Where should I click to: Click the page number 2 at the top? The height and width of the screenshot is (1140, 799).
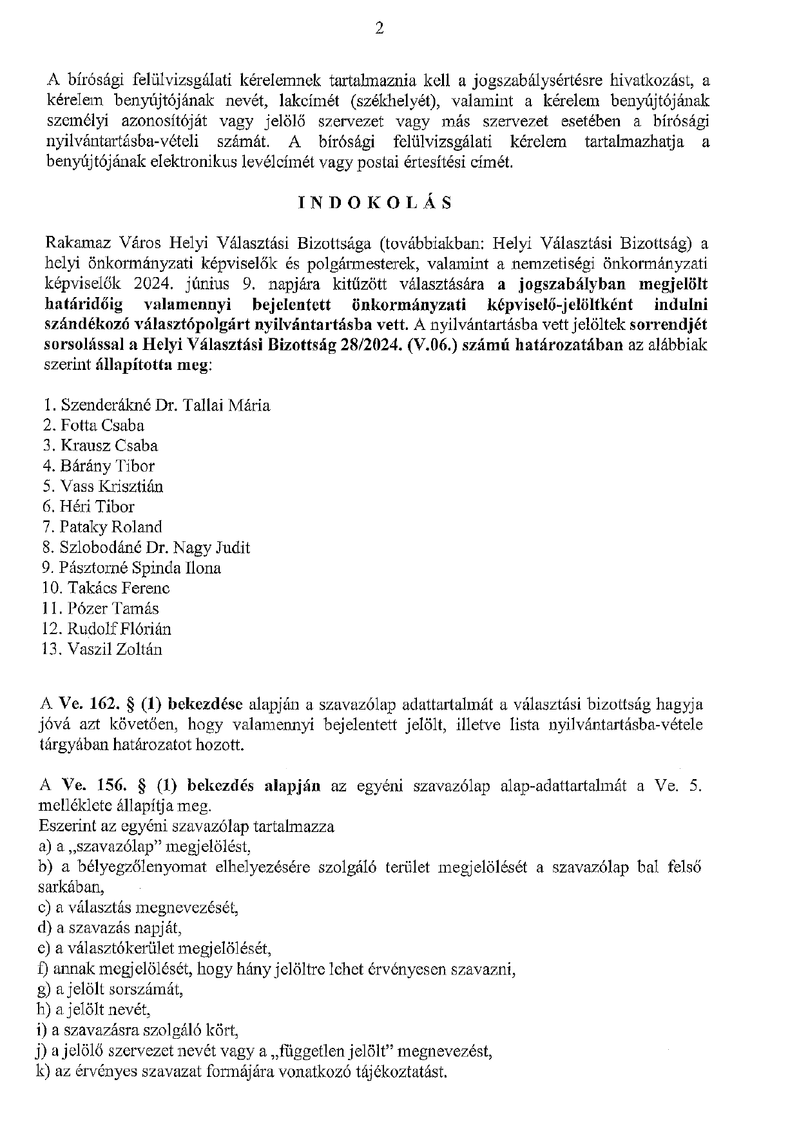(379, 28)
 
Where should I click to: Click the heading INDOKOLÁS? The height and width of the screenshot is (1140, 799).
(375, 203)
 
